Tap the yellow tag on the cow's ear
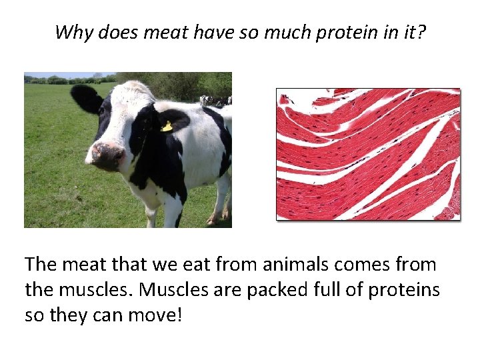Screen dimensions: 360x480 tap(167, 126)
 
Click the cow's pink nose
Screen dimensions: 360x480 tap(107, 155)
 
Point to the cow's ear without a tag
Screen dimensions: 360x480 tap(86, 98)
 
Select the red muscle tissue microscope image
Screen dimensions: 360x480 tap(368, 154)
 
